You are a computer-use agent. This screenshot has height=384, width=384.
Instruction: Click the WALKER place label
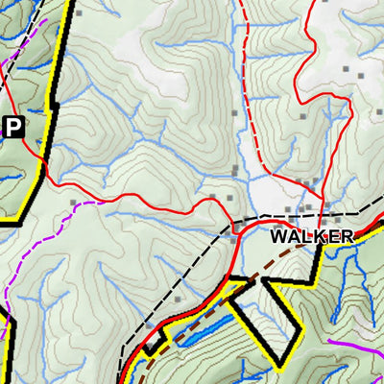click(311, 235)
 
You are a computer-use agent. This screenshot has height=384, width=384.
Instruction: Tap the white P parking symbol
click(12, 126)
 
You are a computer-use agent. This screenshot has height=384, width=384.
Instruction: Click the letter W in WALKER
click(279, 235)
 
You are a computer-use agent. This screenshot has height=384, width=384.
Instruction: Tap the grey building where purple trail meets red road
click(74, 203)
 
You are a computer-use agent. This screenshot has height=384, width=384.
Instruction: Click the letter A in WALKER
click(294, 235)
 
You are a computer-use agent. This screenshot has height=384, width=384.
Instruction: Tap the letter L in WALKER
click(306, 235)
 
